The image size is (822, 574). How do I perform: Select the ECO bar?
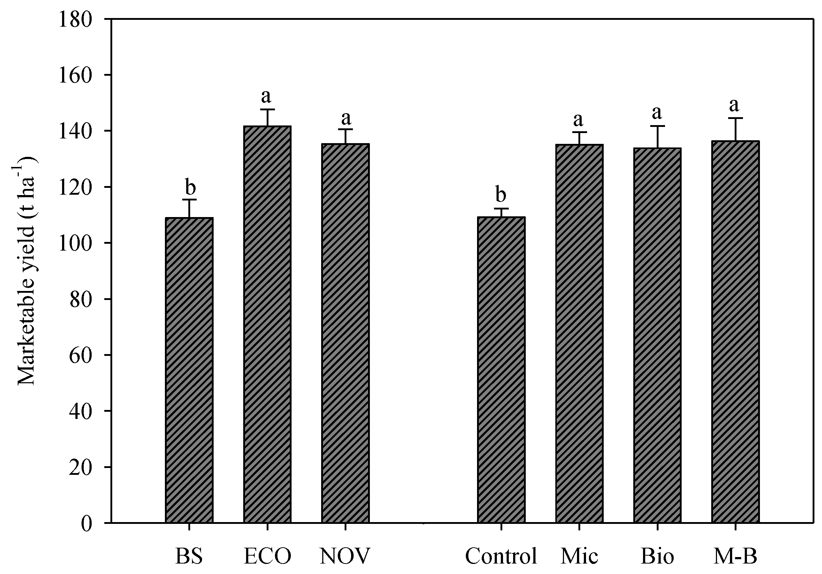(267, 324)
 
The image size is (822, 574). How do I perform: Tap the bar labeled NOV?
(345, 333)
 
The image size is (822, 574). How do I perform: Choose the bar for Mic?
(579, 334)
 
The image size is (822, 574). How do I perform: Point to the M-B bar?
(735, 332)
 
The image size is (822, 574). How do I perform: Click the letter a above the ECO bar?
(267, 96)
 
